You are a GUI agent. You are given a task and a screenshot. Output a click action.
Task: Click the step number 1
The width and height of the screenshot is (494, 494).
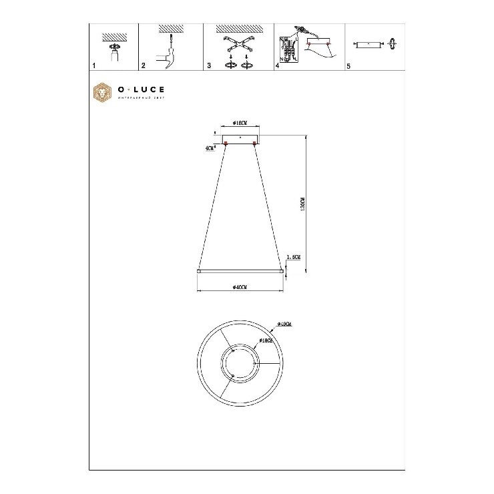coord(94,67)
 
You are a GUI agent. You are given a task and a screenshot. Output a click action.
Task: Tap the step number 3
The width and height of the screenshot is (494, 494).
coord(209,67)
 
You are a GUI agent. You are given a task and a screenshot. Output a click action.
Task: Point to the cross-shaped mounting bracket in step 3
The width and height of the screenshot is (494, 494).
coord(239,45)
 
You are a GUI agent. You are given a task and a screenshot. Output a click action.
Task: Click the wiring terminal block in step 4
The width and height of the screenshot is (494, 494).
coord(290,49)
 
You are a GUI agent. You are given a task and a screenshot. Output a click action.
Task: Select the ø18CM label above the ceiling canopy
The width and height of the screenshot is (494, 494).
coord(240,123)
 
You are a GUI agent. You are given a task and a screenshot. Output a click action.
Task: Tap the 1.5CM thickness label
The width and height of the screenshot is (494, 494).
coord(292,256)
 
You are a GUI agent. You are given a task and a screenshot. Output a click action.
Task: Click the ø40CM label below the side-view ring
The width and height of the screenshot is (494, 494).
coord(240,287)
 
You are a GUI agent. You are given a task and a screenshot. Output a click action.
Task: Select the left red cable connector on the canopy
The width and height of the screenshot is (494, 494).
coord(226,143)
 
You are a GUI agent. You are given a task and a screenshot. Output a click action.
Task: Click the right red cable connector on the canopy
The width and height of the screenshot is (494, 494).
coord(254,143)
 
